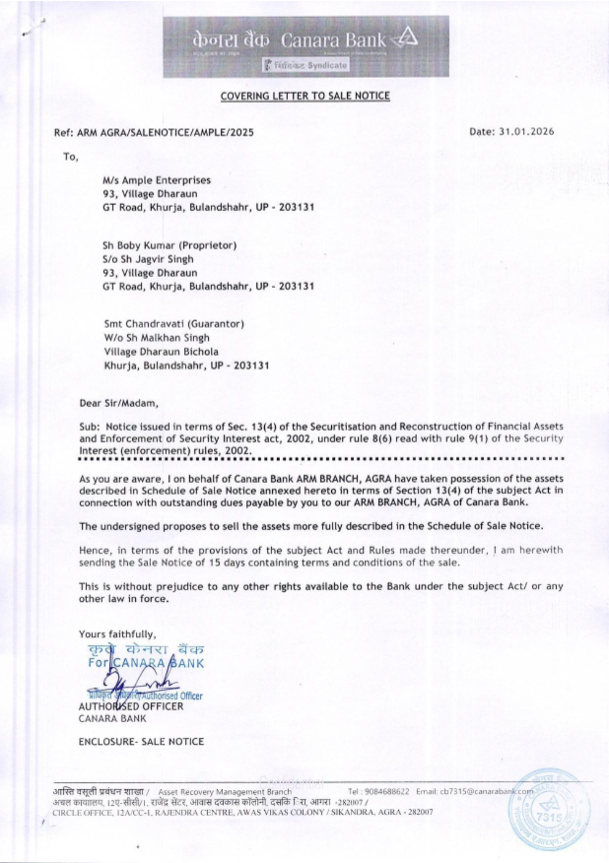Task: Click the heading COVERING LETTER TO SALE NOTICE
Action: pyautogui.click(x=305, y=96)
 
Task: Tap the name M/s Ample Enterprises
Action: pyautogui.click(x=157, y=180)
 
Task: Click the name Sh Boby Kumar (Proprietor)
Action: pyautogui.click(x=169, y=245)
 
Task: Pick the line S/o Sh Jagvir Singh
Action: pyautogui.click(x=148, y=259)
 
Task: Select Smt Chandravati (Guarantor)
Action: pyautogui.click(x=174, y=324)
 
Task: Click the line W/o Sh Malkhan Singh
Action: pyautogui.click(x=157, y=337)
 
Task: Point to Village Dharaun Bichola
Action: pyautogui.click(x=161, y=351)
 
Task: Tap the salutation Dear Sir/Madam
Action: pyautogui.click(x=119, y=403)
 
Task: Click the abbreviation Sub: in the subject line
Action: pyautogui.click(x=89, y=426)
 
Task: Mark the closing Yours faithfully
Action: pyautogui.click(x=117, y=634)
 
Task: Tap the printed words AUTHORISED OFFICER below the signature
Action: pyautogui.click(x=131, y=706)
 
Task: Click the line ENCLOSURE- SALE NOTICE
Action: pyautogui.click(x=141, y=741)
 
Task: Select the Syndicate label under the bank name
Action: pyautogui.click(x=306, y=65)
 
